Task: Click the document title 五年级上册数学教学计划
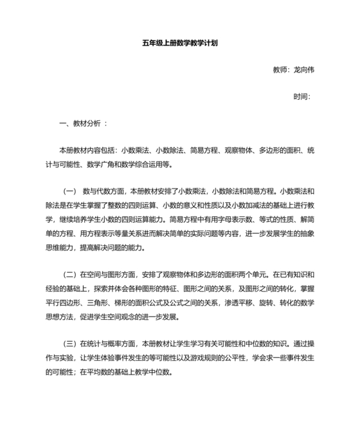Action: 180,44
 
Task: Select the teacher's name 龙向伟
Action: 303,70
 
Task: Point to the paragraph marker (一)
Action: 70,191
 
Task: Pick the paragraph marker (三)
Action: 70,343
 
